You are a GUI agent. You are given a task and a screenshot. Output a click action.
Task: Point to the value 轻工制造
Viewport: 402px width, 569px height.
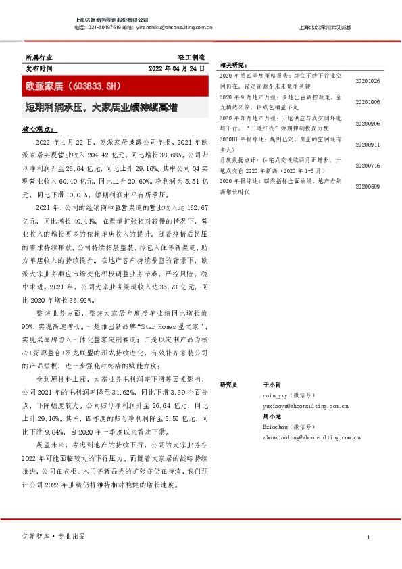point(191,58)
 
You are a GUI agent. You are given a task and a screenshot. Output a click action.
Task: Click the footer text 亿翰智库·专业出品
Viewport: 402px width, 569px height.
point(54,536)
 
